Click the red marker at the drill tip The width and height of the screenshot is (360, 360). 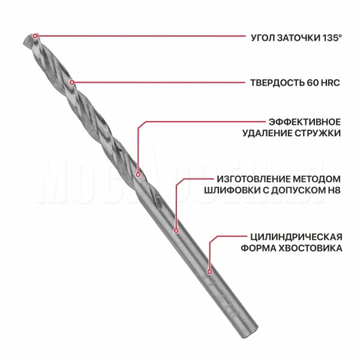[35, 36]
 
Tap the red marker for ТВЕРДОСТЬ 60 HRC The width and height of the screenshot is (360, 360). [71, 82]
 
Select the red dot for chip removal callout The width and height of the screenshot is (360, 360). [138, 175]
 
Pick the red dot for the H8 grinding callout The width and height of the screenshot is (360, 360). [176, 230]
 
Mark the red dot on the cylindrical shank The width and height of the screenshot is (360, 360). [209, 272]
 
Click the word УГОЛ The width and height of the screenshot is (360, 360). [263, 38]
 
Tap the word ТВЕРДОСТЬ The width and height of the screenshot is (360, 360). [277, 83]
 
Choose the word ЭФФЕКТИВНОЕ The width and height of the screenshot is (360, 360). [305, 122]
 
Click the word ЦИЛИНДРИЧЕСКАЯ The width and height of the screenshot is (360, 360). [296, 237]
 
